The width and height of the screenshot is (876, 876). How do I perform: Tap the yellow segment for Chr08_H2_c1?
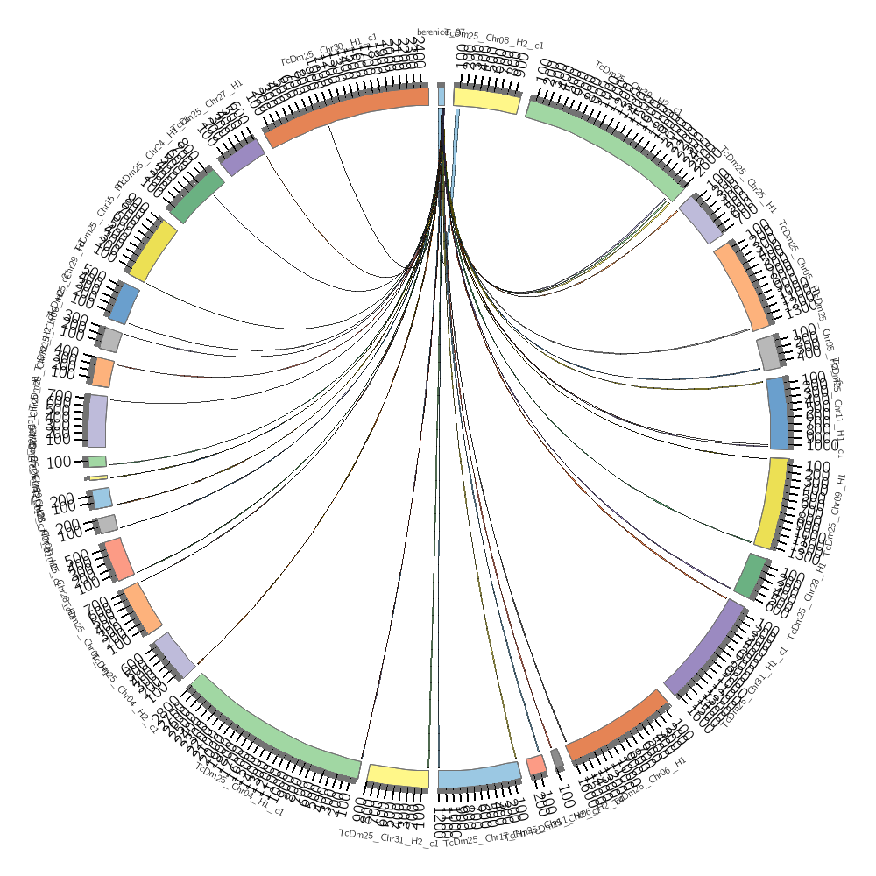[487, 99]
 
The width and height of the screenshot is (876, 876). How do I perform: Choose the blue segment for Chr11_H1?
[779, 413]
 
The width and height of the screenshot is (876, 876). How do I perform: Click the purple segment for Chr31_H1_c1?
[705, 646]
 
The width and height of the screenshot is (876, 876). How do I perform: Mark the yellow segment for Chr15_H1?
[153, 251]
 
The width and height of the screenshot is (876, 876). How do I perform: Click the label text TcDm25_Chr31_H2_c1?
[388, 833]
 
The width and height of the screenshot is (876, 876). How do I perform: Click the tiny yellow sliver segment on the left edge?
[97, 477]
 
